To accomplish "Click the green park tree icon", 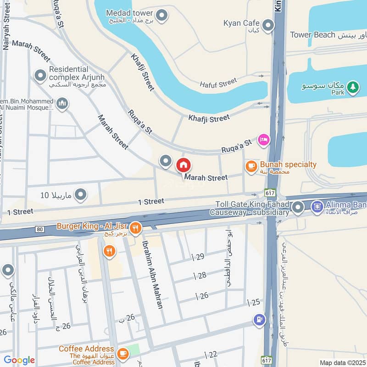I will point(352,87).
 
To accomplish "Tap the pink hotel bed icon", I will point(263,139).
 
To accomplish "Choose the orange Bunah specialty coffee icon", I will point(251,167).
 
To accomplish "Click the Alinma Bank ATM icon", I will point(317,207).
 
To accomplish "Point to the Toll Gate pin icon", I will point(298,208).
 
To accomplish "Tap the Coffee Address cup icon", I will point(122,353).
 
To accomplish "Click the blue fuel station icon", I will point(259,319).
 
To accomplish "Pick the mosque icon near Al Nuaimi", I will point(62,104).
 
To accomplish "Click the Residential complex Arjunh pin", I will point(40,74).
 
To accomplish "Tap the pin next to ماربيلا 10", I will point(81,195).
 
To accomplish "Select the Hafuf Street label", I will point(218,83).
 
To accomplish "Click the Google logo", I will point(19,360).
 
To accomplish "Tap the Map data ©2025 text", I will point(342,362).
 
